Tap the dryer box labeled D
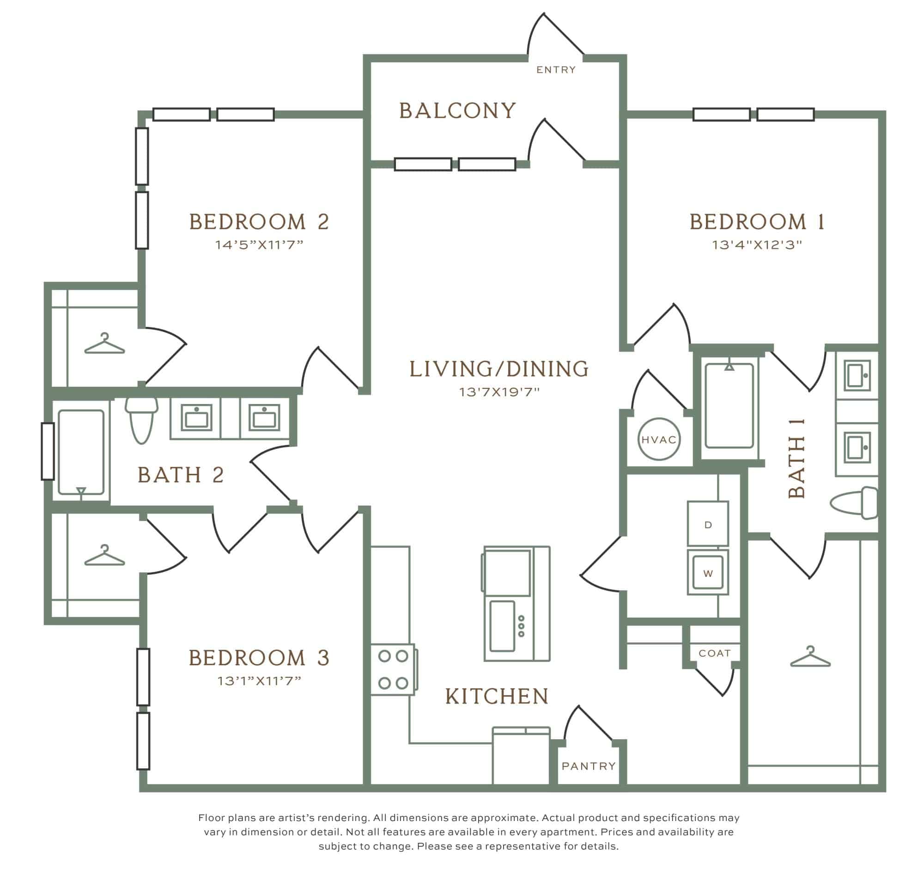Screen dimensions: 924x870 [x=707, y=523]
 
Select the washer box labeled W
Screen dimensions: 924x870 [x=707, y=572]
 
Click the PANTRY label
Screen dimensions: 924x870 [x=589, y=766]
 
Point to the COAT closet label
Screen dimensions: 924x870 [x=714, y=653]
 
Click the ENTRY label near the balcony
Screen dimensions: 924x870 [x=556, y=70]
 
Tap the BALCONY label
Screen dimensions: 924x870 [x=458, y=110]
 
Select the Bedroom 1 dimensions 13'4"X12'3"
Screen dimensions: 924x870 [x=757, y=245]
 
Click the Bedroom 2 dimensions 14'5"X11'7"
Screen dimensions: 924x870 [x=259, y=245]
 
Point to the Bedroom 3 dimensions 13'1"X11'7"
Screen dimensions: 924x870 [x=259, y=681]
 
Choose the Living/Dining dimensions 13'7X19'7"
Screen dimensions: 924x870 [x=499, y=392]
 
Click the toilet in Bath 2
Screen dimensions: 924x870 [x=141, y=420]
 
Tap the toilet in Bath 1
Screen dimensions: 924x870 [x=854, y=502]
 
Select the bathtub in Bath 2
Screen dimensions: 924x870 [x=81, y=452]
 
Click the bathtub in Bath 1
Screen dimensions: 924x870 [x=729, y=405]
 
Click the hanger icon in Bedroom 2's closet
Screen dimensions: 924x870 [x=104, y=344]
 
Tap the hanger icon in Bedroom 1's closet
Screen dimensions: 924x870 [x=810, y=656]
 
